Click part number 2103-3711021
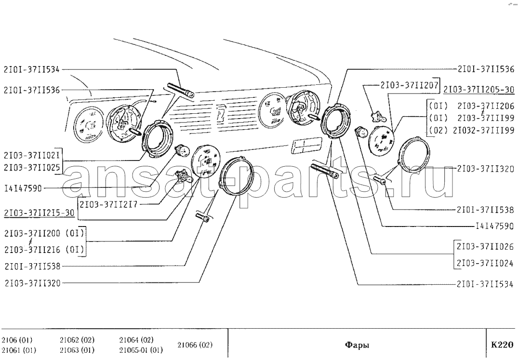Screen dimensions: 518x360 click(32, 155)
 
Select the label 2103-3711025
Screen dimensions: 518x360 click(32, 168)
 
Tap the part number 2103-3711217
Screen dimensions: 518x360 click(108, 205)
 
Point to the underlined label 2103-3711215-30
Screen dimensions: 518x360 click(40, 213)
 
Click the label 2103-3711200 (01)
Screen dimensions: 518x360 click(44, 234)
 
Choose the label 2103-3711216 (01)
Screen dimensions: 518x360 click(44, 250)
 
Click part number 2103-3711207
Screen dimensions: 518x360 click(409, 85)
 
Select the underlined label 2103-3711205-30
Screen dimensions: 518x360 click(478, 90)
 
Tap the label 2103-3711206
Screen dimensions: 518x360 click(486, 106)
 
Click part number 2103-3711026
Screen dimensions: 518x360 click(486, 247)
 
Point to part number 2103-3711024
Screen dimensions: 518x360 click(486, 264)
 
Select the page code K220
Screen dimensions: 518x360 click(502, 345)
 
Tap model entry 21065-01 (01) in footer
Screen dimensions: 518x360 click(141, 350)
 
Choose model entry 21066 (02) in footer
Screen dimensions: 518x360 click(195, 345)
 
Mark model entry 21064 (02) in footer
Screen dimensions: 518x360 click(136, 340)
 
